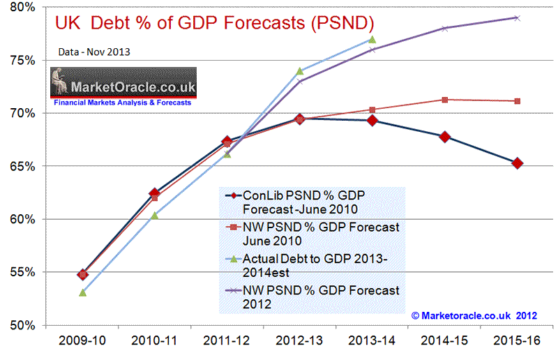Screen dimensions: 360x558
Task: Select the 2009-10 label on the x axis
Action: [x=83, y=342]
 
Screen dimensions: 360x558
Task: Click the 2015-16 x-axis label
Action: [x=517, y=342]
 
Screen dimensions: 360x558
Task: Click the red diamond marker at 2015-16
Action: [x=517, y=163]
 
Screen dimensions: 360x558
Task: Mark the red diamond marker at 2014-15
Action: [x=445, y=137]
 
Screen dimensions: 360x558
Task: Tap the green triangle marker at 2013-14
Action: [x=372, y=40]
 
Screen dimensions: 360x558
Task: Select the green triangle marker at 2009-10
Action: [x=83, y=292]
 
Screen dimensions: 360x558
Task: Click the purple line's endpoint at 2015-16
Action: [x=517, y=17]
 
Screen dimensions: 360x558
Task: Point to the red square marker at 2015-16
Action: [x=517, y=101]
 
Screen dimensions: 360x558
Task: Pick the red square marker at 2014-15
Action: [x=445, y=100]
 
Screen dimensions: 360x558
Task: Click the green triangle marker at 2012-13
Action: [x=300, y=71]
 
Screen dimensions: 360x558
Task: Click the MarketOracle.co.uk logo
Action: [x=123, y=88]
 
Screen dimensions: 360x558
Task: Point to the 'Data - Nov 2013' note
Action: [x=90, y=52]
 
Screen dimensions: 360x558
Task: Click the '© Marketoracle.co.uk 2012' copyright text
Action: [x=474, y=316]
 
